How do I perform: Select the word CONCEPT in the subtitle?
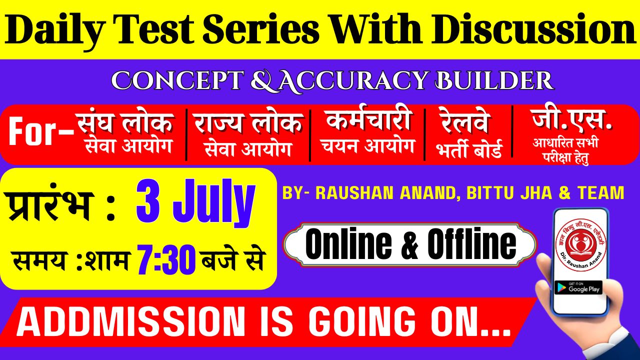(x=177, y=80)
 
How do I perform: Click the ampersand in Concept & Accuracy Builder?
(x=264, y=81)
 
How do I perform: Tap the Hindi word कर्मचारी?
(x=369, y=120)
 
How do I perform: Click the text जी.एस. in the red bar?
(x=571, y=119)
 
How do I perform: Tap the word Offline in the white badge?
(x=471, y=244)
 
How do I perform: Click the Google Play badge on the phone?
(x=578, y=287)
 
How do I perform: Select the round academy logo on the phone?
(x=581, y=245)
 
